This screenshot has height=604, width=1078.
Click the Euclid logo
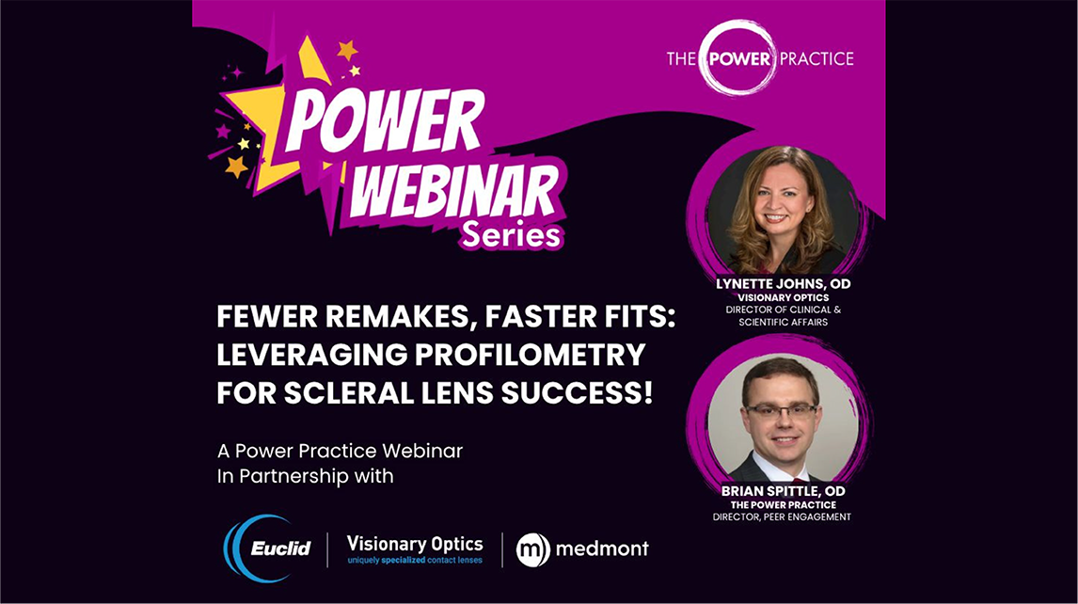pyautogui.click(x=268, y=548)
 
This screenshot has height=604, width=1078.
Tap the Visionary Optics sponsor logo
pyautogui.click(x=415, y=549)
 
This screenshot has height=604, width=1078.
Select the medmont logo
pyautogui.click(x=582, y=549)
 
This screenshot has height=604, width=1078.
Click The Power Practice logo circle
pyautogui.click(x=737, y=57)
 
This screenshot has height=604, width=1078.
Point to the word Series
pyautogui.click(x=512, y=234)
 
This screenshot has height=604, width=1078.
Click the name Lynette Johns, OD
pyautogui.click(x=783, y=283)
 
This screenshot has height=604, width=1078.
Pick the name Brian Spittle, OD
pyautogui.click(x=783, y=491)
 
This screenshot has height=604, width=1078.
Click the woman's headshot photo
pyautogui.click(x=783, y=210)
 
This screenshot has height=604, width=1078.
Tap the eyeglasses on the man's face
pyautogui.click(x=781, y=411)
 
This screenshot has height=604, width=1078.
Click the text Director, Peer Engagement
pyautogui.click(x=782, y=517)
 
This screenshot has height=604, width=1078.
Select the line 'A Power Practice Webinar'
pyautogui.click(x=340, y=452)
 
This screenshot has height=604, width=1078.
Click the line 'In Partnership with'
pyautogui.click(x=306, y=476)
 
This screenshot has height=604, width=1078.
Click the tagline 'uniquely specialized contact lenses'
pyautogui.click(x=415, y=560)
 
